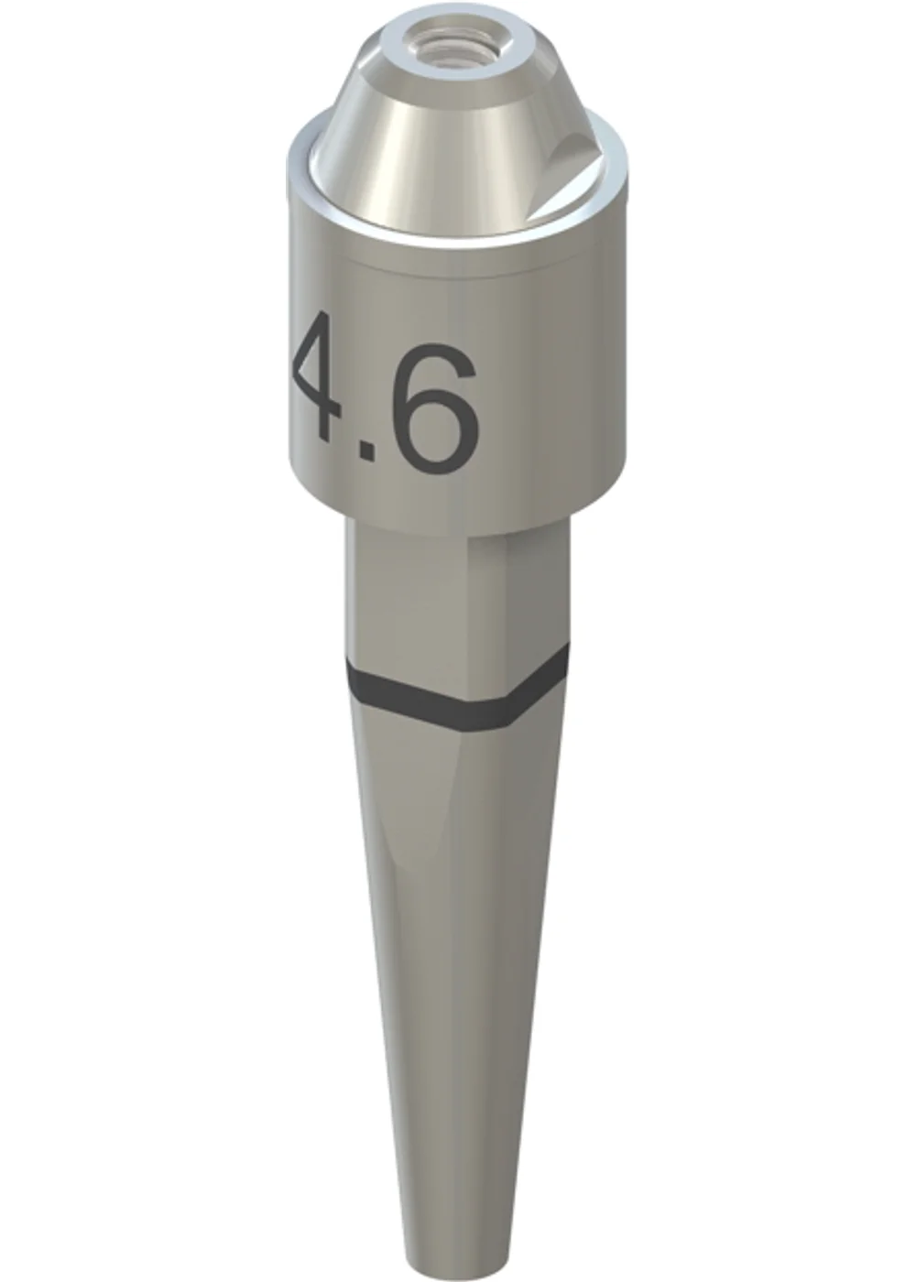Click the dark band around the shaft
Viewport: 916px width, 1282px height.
[x=457, y=690]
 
